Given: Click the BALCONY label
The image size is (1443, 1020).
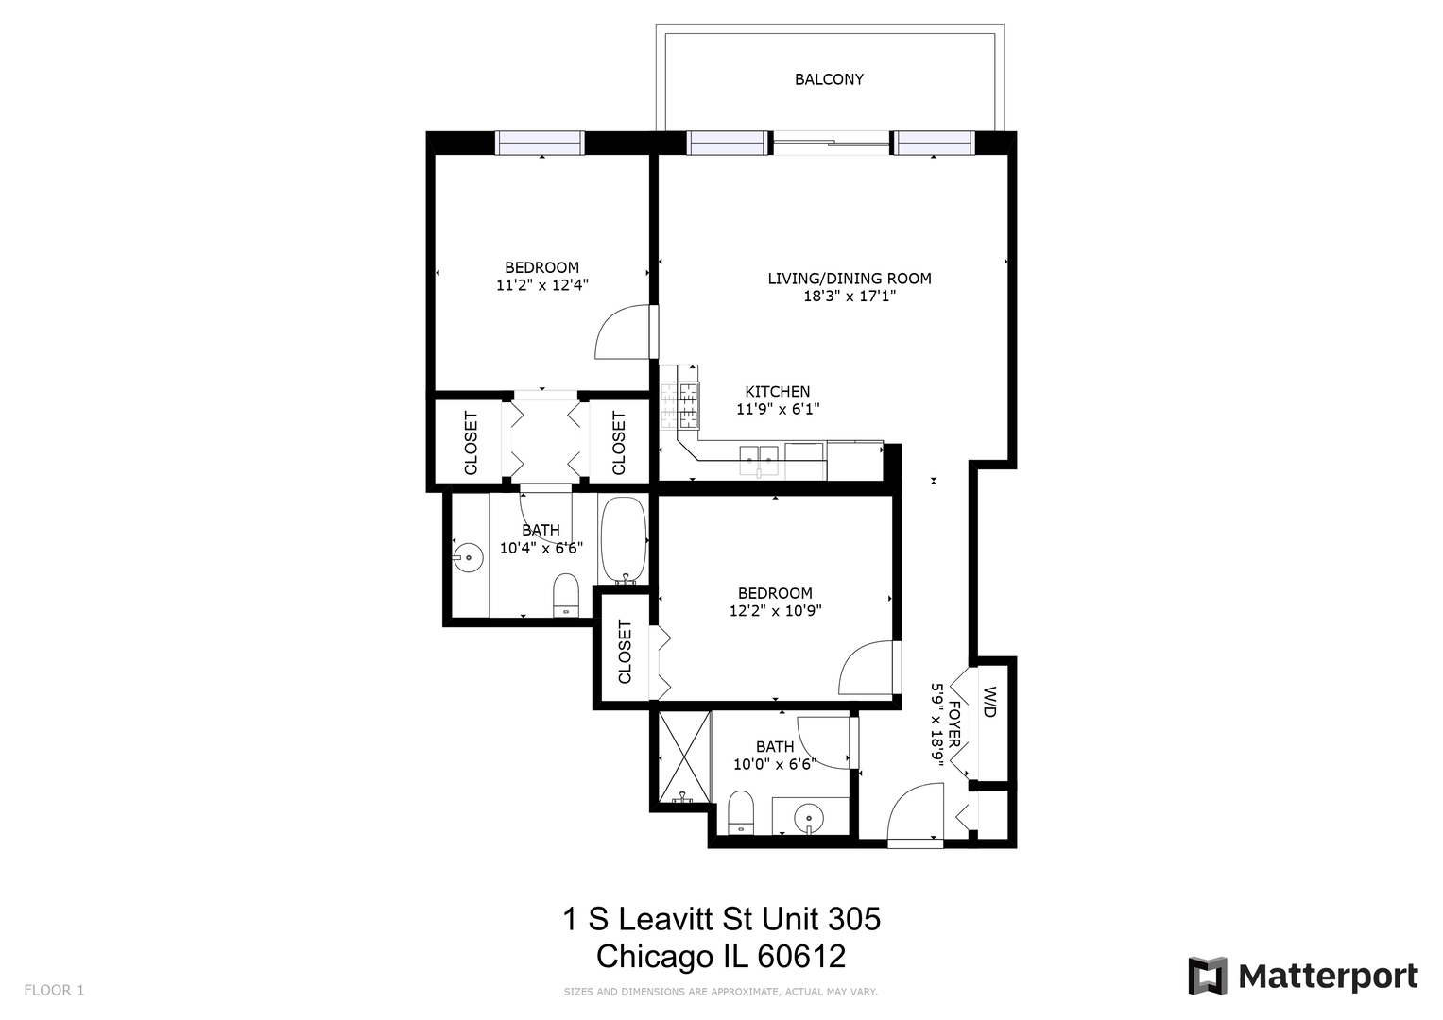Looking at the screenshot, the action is (x=829, y=79).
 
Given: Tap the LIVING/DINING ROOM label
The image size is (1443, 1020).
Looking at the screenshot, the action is (x=849, y=279).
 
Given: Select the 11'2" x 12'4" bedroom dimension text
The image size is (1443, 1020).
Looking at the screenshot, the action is (x=541, y=284).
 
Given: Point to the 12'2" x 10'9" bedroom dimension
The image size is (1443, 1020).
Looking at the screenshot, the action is (x=775, y=610).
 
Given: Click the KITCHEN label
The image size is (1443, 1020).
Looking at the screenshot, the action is (x=778, y=392).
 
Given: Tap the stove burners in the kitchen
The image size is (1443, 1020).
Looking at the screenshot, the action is (x=679, y=406).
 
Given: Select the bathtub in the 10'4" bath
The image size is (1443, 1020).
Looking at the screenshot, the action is (x=623, y=540).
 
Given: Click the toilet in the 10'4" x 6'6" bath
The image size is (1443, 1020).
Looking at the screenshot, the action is (x=566, y=595).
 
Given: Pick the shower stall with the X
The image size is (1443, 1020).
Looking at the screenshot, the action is (x=684, y=756).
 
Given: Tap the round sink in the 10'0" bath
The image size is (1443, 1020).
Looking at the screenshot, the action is (x=809, y=819).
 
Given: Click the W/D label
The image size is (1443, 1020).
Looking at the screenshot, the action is (x=990, y=702).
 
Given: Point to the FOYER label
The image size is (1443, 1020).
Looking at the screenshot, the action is (x=954, y=724).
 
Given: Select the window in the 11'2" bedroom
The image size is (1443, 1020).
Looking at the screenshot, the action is (x=540, y=143).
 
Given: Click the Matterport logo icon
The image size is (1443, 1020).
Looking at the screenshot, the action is (x=1208, y=976).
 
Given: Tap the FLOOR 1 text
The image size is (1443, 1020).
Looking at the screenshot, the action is (x=54, y=990).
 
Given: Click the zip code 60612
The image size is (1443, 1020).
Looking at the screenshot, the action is (x=801, y=956).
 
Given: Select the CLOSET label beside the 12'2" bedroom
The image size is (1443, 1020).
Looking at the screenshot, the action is (x=625, y=651).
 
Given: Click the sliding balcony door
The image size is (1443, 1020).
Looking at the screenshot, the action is (x=831, y=143).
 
